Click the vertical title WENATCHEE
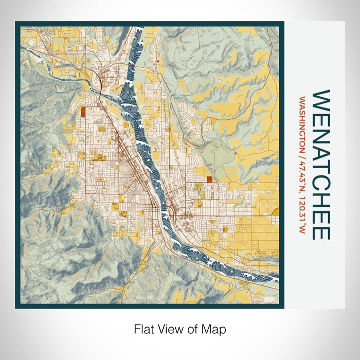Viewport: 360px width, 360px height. (321, 165)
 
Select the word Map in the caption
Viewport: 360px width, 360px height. (215, 329)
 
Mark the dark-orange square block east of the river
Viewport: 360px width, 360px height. (209, 179)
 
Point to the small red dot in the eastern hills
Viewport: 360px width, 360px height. (235, 153)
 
